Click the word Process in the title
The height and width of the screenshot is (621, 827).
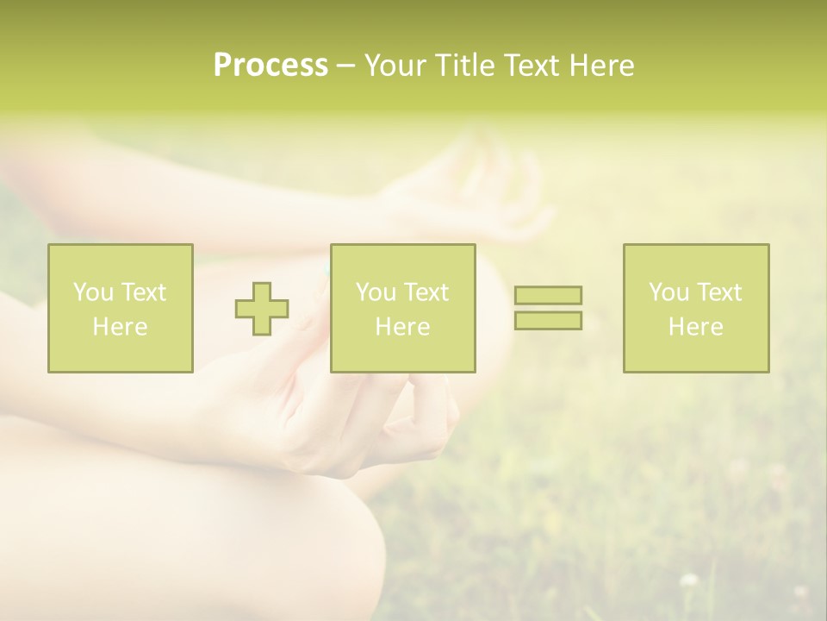(270, 66)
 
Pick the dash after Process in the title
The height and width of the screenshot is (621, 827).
(345, 66)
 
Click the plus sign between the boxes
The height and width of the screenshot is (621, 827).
(262, 309)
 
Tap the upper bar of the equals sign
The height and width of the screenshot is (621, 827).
(548, 295)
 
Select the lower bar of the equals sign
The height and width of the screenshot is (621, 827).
(548, 321)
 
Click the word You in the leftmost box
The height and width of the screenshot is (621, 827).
(93, 292)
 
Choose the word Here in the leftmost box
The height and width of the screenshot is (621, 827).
(120, 327)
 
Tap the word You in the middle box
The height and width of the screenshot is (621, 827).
(376, 292)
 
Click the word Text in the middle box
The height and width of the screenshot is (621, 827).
(425, 292)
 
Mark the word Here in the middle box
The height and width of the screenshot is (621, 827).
(402, 327)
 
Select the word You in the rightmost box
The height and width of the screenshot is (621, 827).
(668, 292)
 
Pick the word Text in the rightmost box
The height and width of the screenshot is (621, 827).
(718, 292)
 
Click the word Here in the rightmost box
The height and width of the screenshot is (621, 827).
(695, 327)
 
